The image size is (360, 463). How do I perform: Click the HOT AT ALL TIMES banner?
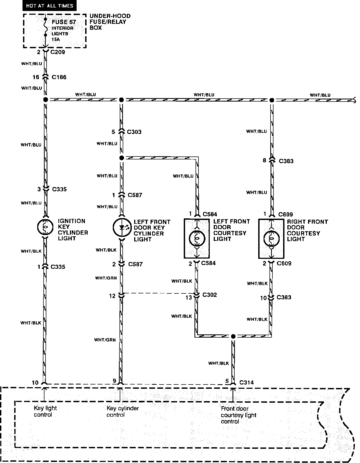coord(50,6)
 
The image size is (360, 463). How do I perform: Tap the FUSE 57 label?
coord(64,22)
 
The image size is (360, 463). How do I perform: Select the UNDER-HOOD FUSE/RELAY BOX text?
coord(110,22)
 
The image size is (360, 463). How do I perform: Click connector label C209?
coord(58,52)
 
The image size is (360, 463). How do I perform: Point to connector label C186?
coord(59,77)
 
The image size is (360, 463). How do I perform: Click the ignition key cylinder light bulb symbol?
coord(45,227)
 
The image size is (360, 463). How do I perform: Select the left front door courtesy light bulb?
coord(197,238)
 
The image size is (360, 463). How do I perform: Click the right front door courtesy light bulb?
coord(271,238)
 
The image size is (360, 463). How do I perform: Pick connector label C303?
coord(134,132)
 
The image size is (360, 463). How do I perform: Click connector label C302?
coord(209,295)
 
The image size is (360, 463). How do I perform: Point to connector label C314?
coord(246,382)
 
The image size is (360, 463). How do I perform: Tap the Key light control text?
coord(45,411)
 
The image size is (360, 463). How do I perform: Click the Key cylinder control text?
coord(123,412)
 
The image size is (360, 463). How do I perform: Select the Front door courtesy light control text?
coord(238,415)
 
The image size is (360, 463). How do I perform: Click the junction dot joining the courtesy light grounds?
coord(233,336)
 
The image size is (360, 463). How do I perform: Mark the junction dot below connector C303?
coord(121,158)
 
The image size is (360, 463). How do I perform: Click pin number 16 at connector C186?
coord(36,77)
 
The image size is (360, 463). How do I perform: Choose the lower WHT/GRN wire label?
coord(105,340)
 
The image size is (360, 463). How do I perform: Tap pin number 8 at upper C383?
coord(264,160)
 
